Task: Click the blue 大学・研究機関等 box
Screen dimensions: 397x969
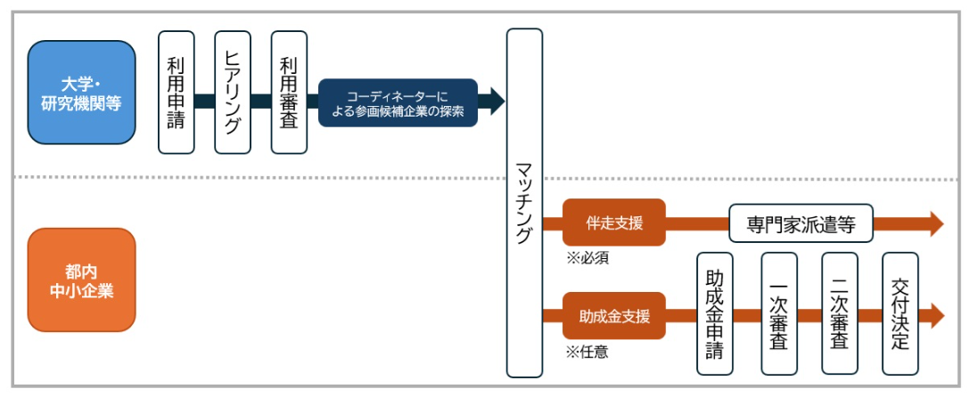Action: click(x=81, y=93)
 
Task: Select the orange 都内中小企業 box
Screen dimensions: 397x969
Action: click(x=81, y=280)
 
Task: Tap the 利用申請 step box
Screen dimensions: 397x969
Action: click(x=176, y=93)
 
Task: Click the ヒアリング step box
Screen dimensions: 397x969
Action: click(x=233, y=93)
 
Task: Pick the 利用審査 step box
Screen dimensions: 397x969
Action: click(x=289, y=93)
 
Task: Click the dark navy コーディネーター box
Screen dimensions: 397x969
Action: click(x=398, y=102)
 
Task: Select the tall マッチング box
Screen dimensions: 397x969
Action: click(x=524, y=203)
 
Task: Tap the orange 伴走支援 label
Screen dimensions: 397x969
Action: click(x=614, y=223)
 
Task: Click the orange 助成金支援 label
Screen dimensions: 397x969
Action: click(x=614, y=315)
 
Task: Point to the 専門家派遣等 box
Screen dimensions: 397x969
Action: click(x=801, y=223)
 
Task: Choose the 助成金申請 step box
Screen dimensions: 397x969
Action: click(x=715, y=313)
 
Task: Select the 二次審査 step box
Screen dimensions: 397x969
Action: click(x=839, y=313)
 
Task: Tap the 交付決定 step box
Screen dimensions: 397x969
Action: click(x=899, y=313)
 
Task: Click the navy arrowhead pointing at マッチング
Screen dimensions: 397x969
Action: click(x=496, y=102)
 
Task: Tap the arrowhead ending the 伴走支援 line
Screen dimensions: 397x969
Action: click(x=935, y=223)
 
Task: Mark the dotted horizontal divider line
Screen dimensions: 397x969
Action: click(x=267, y=178)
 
